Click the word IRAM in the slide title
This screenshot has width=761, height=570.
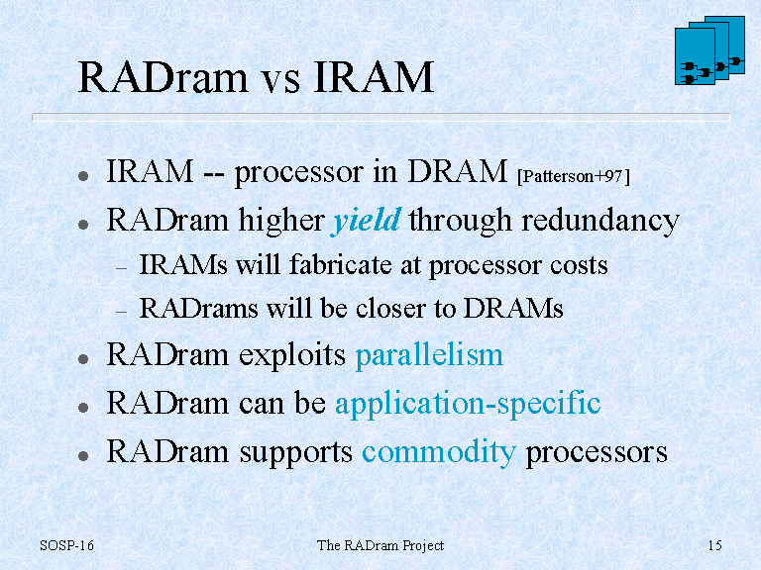374,76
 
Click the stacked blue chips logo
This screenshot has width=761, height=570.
709,50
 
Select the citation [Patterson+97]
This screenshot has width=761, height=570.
574,176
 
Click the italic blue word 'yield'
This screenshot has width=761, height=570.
367,221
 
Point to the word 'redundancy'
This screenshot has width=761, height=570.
599,221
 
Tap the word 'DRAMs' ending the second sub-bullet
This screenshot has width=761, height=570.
513,309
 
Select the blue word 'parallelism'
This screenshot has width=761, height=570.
429,355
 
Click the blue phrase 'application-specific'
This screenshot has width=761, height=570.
468,404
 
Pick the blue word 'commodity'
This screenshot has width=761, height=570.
439,452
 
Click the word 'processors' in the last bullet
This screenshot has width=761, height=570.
597,453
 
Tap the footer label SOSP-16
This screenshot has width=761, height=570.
66,546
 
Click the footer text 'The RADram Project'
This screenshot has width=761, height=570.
380,546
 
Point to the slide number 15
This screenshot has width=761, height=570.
714,546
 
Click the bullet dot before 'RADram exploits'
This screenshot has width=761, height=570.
83,359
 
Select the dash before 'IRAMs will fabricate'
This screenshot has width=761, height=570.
121,268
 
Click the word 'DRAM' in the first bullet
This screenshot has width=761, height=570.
457,171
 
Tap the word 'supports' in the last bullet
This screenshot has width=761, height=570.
295,453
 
